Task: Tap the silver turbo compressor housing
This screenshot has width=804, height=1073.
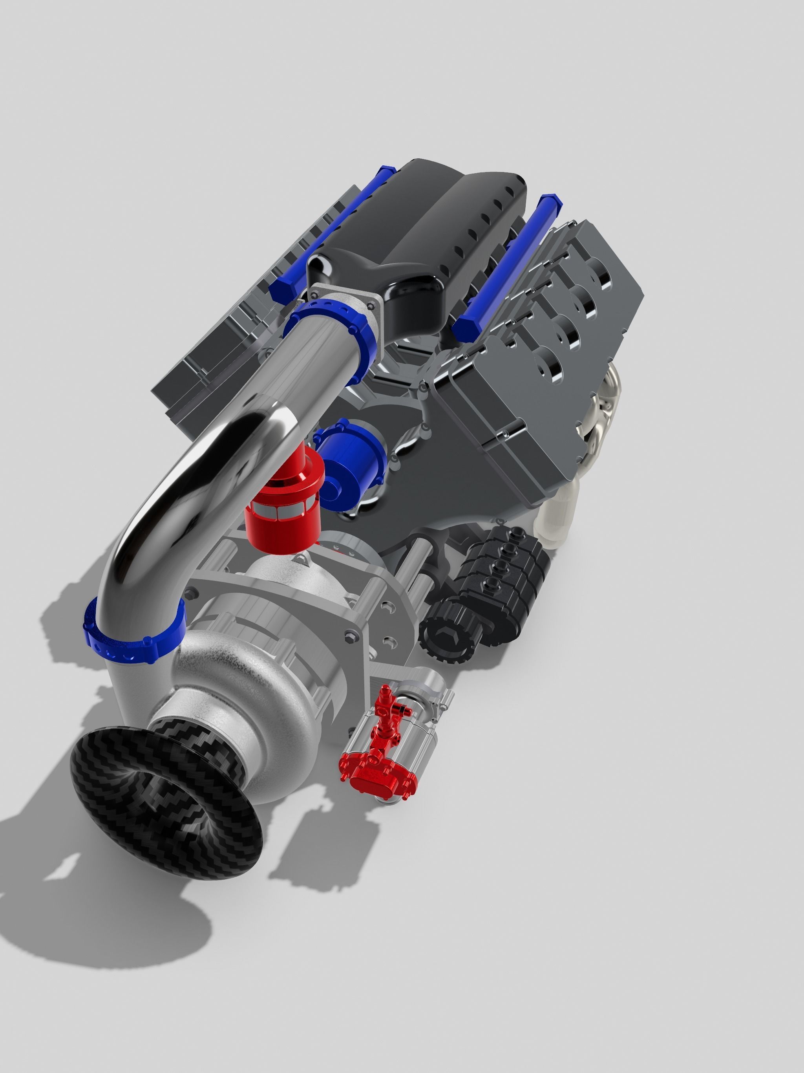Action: (252, 679)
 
